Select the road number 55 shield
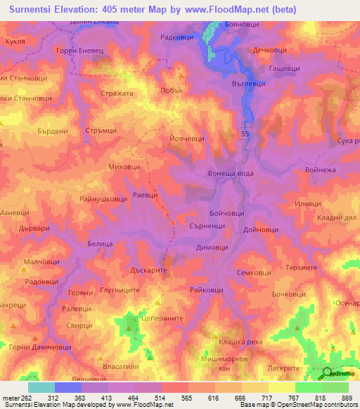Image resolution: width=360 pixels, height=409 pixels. point(245,133)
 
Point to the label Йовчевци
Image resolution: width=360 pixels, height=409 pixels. point(187,139)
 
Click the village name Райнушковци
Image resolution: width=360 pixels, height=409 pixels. point(103,200)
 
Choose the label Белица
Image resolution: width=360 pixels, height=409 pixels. point(101,242)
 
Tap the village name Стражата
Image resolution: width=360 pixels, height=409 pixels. point(117,93)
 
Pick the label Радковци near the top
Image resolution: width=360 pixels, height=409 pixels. point(176,37)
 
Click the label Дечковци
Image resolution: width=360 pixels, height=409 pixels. point(270,51)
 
